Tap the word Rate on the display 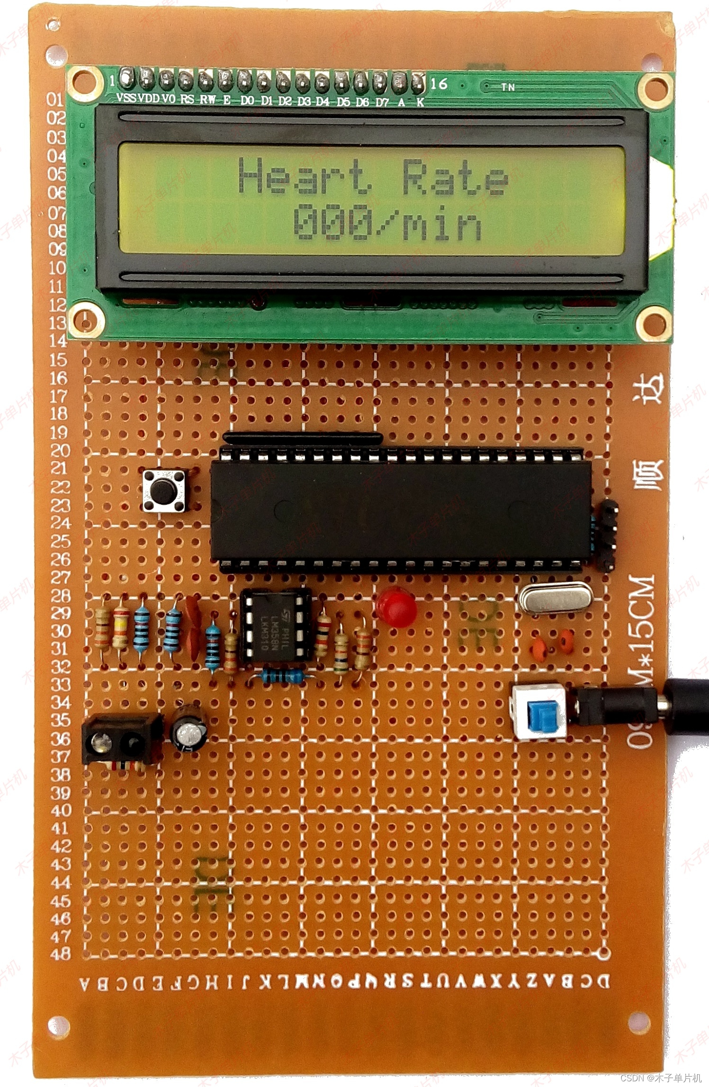pyautogui.click(x=455, y=178)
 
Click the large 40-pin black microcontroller pyautogui.click(x=401, y=510)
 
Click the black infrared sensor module pyautogui.click(x=121, y=740)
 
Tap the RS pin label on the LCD pyautogui.click(x=187, y=99)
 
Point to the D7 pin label pyautogui.click(x=382, y=101)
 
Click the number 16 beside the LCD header pyautogui.click(x=438, y=83)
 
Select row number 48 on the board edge pyautogui.click(x=60, y=953)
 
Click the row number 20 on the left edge pyautogui.click(x=60, y=450)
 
